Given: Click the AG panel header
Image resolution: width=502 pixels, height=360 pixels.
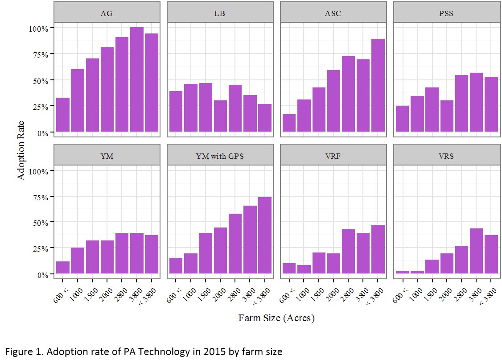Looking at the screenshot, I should (x=107, y=13).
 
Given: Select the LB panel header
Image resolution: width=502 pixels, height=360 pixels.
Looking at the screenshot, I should (x=219, y=13).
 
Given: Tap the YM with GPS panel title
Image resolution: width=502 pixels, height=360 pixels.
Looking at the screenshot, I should (x=219, y=156).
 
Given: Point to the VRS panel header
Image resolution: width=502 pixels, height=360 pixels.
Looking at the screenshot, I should (x=445, y=156).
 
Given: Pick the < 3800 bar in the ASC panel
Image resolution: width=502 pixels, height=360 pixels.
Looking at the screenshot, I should (x=378, y=85).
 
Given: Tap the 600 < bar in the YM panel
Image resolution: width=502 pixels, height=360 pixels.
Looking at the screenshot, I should (x=63, y=268).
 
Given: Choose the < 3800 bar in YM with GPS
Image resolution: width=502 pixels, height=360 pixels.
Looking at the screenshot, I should (x=264, y=236).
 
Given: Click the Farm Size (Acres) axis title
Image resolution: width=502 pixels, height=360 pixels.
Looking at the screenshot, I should (x=276, y=318).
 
